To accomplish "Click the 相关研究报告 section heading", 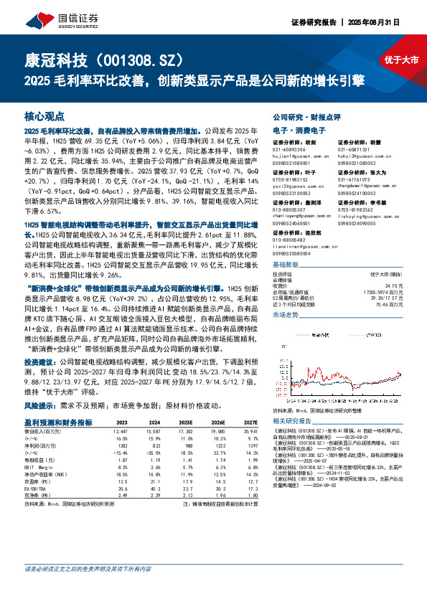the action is click(290, 420).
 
